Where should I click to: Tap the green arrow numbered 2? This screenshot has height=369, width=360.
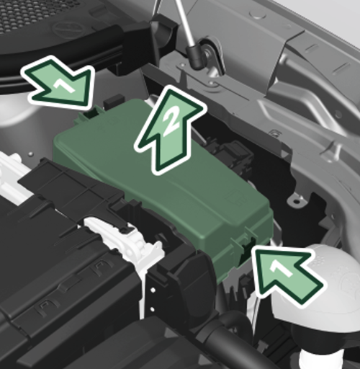pyautogui.click(x=169, y=130)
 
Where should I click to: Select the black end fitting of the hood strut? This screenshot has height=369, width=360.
pyautogui.click(x=196, y=56)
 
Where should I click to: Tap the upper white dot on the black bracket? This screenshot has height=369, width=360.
pyautogui.click(x=153, y=290)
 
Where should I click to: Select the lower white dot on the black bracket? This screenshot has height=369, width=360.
pyautogui.click(x=152, y=308)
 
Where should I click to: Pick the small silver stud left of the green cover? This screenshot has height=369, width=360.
pyautogui.click(x=30, y=154)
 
